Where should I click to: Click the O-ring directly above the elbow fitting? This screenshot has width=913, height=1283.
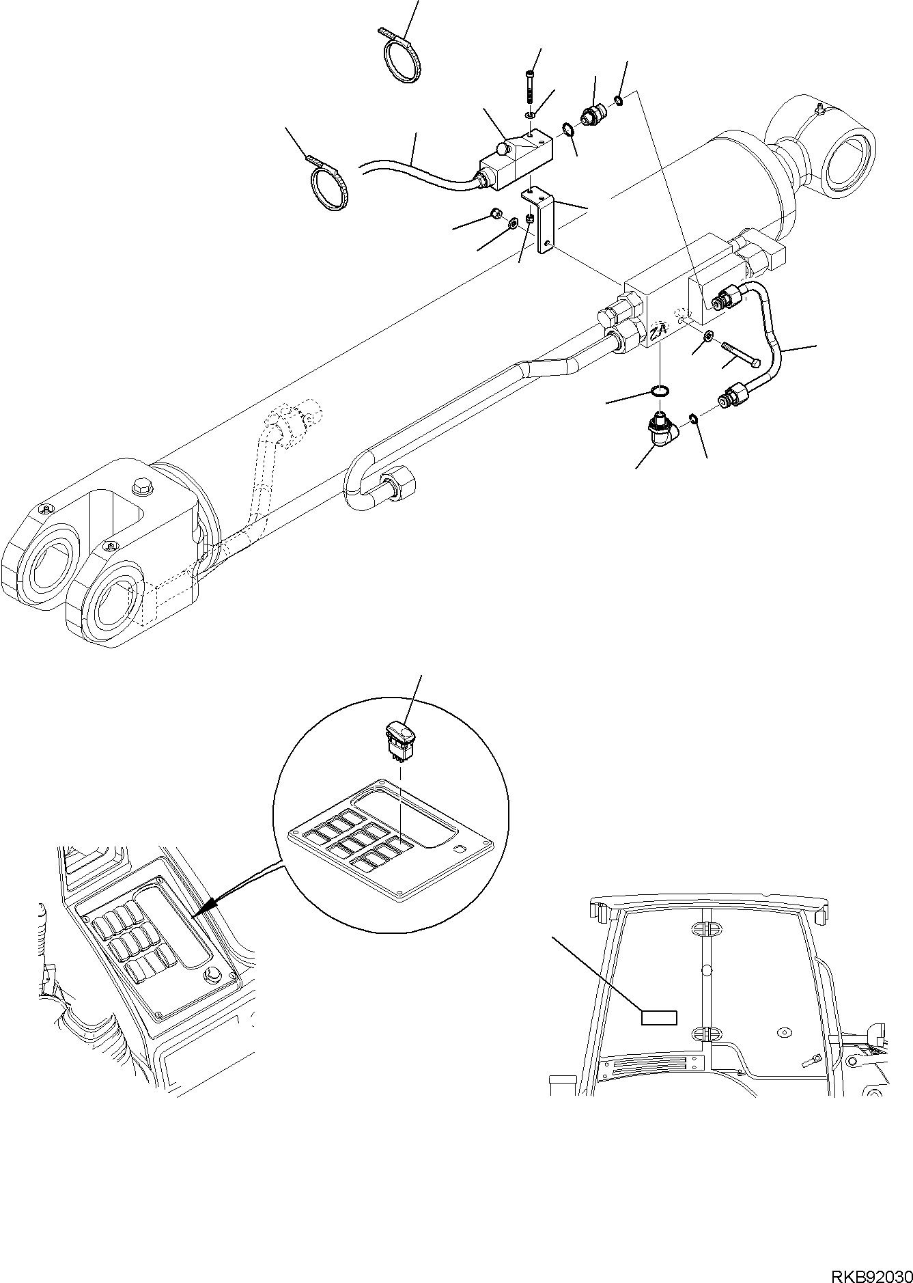click(660, 391)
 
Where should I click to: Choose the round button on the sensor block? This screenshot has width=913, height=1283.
click(505, 147)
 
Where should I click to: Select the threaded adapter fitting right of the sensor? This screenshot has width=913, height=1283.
click(591, 115)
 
